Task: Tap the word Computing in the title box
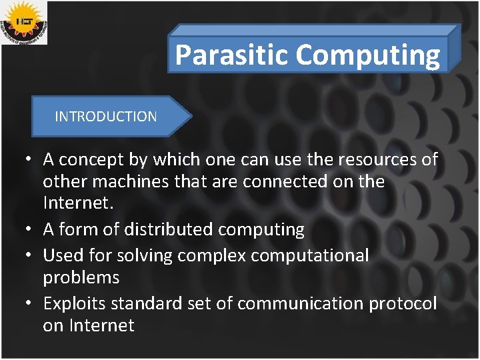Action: [368, 55]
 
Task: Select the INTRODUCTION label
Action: [106, 117]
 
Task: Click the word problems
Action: [81, 277]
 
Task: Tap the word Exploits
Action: [74, 303]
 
